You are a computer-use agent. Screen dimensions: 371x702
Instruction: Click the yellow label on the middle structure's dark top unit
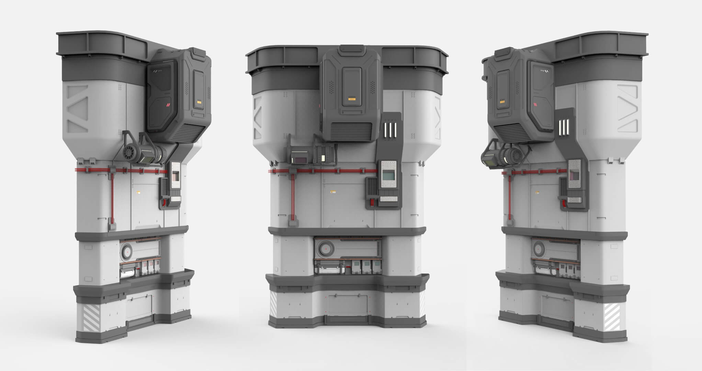click(x=351, y=99)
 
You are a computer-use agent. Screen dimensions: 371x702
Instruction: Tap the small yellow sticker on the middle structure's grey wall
click(x=333, y=192)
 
